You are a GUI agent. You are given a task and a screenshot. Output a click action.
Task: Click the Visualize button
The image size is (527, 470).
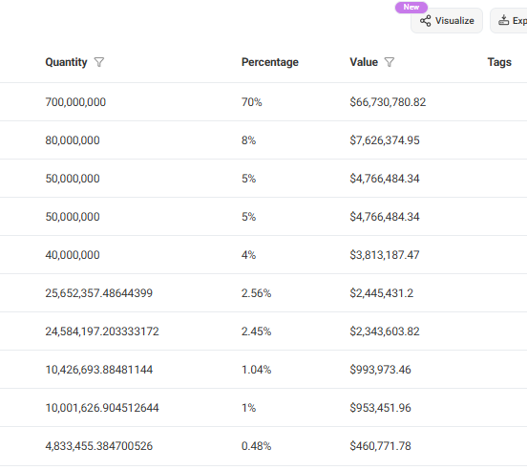pos(446,21)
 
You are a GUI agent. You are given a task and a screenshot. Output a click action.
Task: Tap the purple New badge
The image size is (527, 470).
pos(411,7)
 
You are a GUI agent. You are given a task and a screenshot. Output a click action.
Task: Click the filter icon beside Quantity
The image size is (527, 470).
pos(99,62)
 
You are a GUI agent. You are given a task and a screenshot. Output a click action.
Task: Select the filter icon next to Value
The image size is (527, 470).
pos(390,62)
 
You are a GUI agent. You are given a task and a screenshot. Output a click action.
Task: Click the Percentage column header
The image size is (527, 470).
pos(269,62)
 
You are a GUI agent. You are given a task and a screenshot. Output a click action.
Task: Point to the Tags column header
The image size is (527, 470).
pos(499,62)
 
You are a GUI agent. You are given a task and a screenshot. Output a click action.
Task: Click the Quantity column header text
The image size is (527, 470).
pos(66,62)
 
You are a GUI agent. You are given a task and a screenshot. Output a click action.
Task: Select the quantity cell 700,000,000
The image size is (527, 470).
pos(75,102)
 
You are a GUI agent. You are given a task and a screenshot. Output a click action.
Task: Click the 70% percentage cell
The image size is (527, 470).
pos(252,102)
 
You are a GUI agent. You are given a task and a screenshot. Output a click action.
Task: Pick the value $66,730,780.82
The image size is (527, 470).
pos(388,102)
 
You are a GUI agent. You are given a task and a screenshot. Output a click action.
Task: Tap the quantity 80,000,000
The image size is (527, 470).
pos(73,140)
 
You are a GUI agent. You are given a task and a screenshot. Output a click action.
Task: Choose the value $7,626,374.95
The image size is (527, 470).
pos(385,140)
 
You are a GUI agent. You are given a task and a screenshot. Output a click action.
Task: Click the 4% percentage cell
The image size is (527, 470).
pos(249,255)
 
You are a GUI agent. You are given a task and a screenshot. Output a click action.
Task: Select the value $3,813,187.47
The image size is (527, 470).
pos(385,255)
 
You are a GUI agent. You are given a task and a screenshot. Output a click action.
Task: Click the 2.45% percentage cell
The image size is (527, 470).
pos(257,331)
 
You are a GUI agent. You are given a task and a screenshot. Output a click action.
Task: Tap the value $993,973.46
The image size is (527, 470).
pos(381,370)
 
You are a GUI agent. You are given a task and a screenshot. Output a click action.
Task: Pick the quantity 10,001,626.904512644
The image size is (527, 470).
pos(102,408)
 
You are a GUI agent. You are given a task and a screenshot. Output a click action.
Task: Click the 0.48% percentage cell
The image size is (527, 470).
pos(257,446)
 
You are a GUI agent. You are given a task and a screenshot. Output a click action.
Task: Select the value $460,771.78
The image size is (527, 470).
pos(381,446)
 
